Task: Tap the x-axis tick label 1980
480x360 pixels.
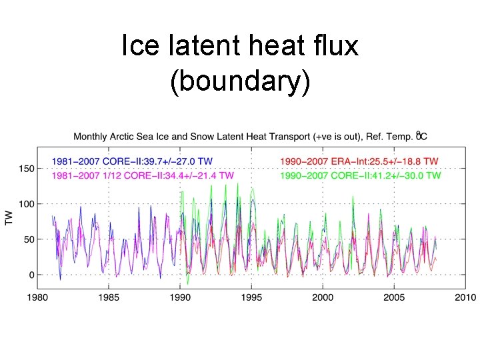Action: (x=38, y=297)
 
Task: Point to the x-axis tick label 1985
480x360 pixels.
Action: (x=109, y=297)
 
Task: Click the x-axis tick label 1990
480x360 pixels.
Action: (x=181, y=297)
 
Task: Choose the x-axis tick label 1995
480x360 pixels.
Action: (x=251, y=297)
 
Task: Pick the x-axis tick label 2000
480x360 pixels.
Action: (x=323, y=297)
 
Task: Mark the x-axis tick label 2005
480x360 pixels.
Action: (x=394, y=297)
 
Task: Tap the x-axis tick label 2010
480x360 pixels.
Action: (x=465, y=297)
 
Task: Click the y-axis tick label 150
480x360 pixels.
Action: (x=26, y=169)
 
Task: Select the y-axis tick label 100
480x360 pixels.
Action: (x=26, y=204)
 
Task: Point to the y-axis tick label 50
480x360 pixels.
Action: (x=29, y=239)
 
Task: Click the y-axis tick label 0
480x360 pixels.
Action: (x=31, y=275)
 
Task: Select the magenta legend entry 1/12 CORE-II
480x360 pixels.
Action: (x=143, y=175)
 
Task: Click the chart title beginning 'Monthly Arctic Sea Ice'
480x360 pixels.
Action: (x=250, y=137)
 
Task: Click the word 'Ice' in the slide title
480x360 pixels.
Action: (x=138, y=46)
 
